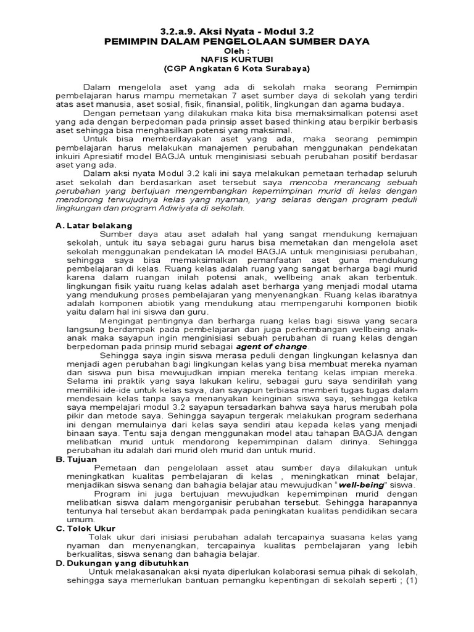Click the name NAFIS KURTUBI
tap(237, 59)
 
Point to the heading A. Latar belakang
tap(94, 226)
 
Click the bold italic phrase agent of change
tap(271, 347)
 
